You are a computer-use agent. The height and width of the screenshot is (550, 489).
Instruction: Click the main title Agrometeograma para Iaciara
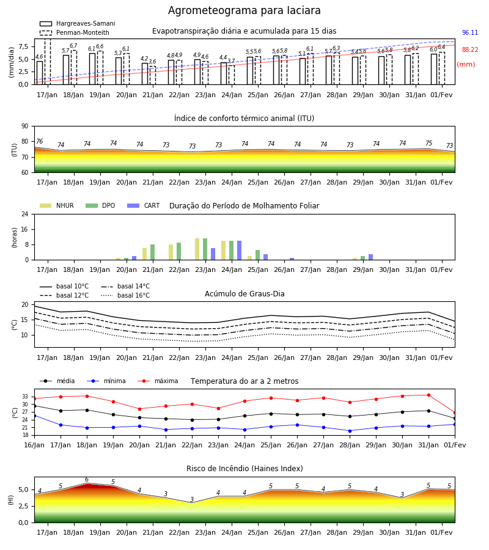244,10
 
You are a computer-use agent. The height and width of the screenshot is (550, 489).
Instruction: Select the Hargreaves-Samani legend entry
77,23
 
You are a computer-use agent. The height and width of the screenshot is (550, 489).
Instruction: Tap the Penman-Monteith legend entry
75,32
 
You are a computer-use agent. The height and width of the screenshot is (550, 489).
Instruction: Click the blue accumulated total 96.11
470,32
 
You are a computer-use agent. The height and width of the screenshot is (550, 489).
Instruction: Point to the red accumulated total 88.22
470,50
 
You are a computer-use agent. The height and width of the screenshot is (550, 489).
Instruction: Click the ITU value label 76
39,141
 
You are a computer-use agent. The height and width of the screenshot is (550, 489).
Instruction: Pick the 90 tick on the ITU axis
24,127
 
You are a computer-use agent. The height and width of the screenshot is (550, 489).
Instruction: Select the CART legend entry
144,205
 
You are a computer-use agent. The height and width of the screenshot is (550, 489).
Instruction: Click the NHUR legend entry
57,205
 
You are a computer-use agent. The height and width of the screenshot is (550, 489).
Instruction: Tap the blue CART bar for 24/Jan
239,251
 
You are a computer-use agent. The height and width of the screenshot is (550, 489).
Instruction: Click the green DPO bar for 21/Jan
153,252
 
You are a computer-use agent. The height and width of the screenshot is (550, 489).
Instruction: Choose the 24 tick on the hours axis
24,215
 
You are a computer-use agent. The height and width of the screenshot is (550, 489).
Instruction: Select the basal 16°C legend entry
125,295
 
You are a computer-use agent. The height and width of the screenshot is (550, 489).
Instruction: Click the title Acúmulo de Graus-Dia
244,294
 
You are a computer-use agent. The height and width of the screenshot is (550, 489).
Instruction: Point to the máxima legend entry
158,381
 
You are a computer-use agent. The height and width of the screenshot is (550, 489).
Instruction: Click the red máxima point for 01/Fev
455,413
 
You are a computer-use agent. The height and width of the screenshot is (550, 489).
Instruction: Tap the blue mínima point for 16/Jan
34,416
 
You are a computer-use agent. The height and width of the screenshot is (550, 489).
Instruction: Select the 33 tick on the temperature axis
25,397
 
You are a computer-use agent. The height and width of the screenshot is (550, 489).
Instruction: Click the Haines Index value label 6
87,480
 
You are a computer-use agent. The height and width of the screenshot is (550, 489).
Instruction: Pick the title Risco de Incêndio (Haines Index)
244,469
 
